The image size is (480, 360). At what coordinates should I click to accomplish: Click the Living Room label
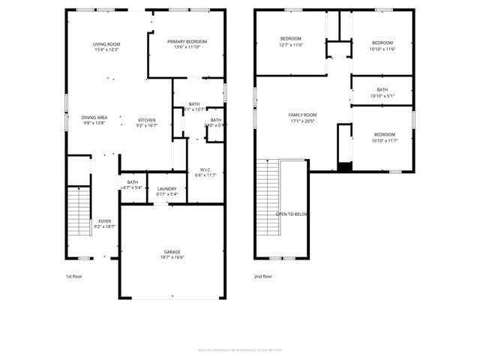pyautogui.click(x=106, y=44)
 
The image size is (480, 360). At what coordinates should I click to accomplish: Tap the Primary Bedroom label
pyautogui.click(x=187, y=42)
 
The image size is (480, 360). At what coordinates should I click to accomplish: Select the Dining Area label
pyautogui.click(x=94, y=117)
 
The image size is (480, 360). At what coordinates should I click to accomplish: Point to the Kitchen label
pyautogui.click(x=146, y=120)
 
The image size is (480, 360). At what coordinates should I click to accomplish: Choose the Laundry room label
pyautogui.click(x=166, y=188)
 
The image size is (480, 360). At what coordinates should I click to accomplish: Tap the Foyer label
pyautogui.click(x=105, y=221)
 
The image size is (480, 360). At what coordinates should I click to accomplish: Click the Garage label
pyautogui.click(x=172, y=251)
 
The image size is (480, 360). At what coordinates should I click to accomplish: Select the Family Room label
pyautogui.click(x=303, y=115)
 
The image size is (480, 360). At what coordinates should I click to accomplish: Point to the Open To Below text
pyautogui.click(x=292, y=214)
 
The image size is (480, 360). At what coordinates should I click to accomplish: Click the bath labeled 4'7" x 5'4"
pyautogui.click(x=132, y=182)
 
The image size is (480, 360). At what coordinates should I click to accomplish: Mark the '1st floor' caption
pyautogui.click(x=74, y=277)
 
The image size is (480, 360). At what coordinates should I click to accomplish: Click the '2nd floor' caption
pyautogui.click(x=263, y=277)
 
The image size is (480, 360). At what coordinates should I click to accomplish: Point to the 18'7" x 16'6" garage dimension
pyautogui.click(x=172, y=257)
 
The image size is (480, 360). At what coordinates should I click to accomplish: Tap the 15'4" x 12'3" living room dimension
pyautogui.click(x=106, y=50)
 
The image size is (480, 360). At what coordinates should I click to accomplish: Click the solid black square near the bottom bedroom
pyautogui.click(x=344, y=166)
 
